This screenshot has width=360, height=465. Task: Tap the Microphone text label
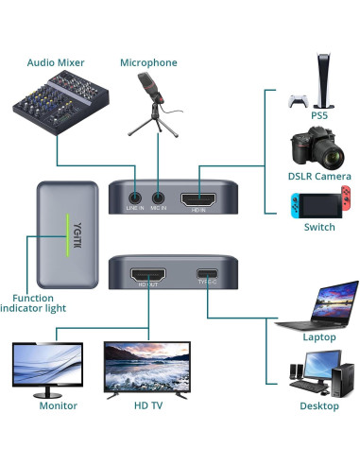click(x=148, y=62)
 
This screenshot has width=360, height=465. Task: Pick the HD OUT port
click(x=150, y=276)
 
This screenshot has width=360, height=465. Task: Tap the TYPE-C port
click(x=206, y=277)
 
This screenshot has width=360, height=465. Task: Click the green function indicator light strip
click(x=68, y=232)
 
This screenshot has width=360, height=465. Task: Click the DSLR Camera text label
click(x=318, y=176)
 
